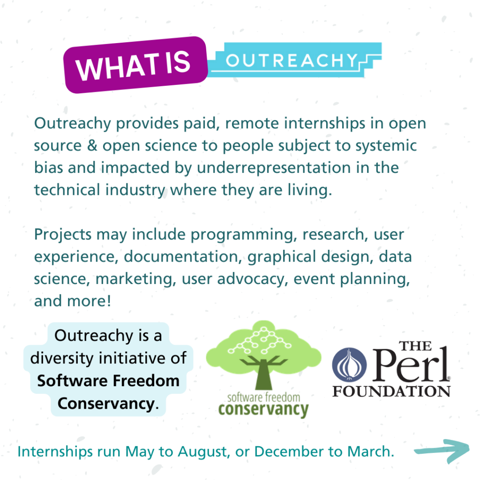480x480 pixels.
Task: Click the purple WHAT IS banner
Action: pos(135,65)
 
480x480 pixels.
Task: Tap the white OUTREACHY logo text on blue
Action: pos(292,60)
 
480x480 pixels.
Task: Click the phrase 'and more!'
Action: pos(72,301)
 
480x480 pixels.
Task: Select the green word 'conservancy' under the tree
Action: pos(263,409)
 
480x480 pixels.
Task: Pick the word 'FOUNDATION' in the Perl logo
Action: pos(391,390)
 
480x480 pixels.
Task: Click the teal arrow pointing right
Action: pos(442,451)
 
